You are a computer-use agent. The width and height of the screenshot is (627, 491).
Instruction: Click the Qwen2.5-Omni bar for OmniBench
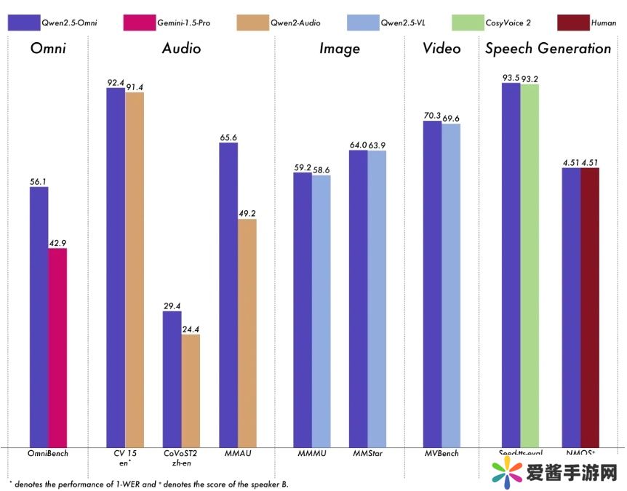pos(39,316)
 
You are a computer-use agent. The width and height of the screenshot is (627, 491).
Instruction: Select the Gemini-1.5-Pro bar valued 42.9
pos(57,347)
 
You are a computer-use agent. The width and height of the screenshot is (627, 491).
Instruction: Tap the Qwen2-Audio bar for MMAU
pos(247,332)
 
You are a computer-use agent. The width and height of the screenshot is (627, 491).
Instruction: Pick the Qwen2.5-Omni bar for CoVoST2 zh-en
pos(172,378)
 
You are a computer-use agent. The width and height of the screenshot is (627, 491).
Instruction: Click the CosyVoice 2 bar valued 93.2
pos(530,265)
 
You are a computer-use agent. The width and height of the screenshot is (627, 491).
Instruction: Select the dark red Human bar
pos(590,306)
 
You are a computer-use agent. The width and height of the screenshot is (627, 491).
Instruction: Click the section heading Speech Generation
pos(548,49)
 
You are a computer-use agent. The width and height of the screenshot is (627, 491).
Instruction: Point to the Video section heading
pos(442,49)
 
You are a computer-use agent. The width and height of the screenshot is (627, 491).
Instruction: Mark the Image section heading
pos(340,49)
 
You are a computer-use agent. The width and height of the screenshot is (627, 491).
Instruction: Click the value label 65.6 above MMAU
pos(228,136)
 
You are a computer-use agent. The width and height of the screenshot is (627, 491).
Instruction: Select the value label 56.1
pos(39,180)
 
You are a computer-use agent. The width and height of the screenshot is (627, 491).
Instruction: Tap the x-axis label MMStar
pos(367,454)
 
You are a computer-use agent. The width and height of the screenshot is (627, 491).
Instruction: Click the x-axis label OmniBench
pos(48,454)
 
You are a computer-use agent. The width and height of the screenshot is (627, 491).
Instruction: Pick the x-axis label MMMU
pos(312,454)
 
